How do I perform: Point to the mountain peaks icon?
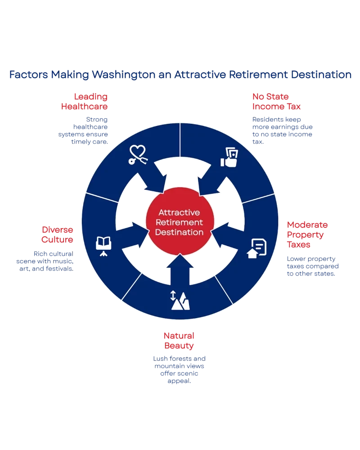pyautogui.click(x=180, y=300)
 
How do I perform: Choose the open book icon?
pyautogui.click(x=103, y=244)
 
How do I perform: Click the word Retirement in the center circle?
pyautogui.click(x=180, y=222)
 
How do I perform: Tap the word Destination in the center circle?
pyautogui.click(x=180, y=232)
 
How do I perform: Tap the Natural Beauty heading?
pyautogui.click(x=179, y=341)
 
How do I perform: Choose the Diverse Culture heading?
pyautogui.click(x=57, y=234)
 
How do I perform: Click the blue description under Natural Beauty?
pyautogui.click(x=180, y=369)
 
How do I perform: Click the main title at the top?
pyautogui.click(x=180, y=75)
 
